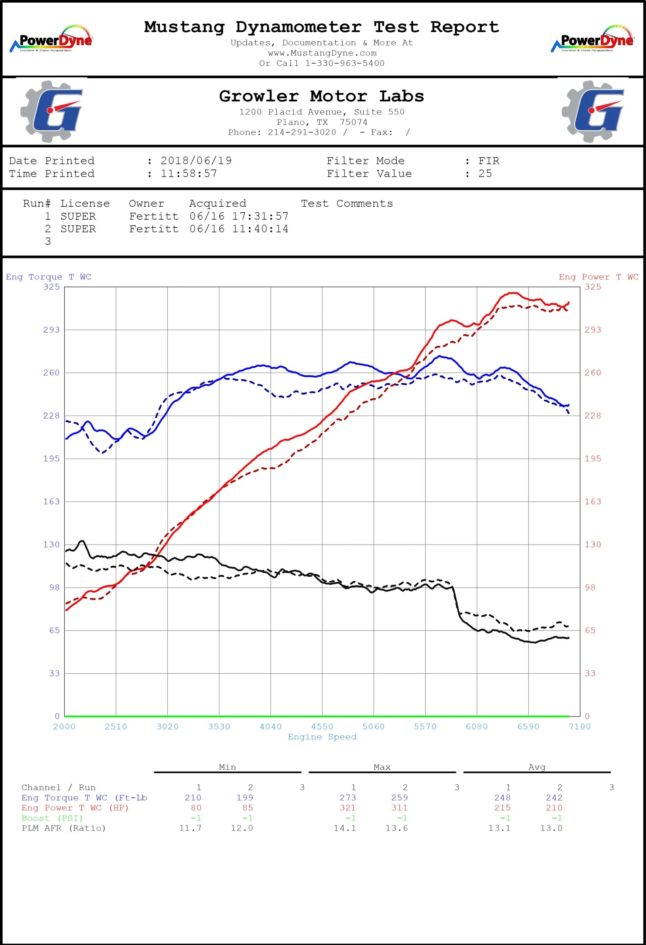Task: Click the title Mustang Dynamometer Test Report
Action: [321, 27]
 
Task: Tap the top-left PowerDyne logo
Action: [51, 39]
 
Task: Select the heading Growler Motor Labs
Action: [321, 96]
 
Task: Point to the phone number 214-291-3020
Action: [302, 132]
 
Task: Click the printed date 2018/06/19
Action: [196, 161]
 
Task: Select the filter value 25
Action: [485, 173]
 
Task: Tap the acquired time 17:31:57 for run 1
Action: [260, 216]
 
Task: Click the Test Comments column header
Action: [347, 203]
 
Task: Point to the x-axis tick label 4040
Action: [270, 726]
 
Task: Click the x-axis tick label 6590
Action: [528, 726]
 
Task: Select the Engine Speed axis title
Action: [322, 737]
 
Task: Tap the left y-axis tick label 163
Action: [51, 501]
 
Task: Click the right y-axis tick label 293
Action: [593, 330]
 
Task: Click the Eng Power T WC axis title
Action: [598, 277]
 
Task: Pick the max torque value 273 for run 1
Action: [348, 798]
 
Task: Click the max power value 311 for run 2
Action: [400, 808]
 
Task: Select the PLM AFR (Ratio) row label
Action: [64, 828]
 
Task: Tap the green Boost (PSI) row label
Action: [52, 818]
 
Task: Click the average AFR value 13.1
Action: [500, 828]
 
